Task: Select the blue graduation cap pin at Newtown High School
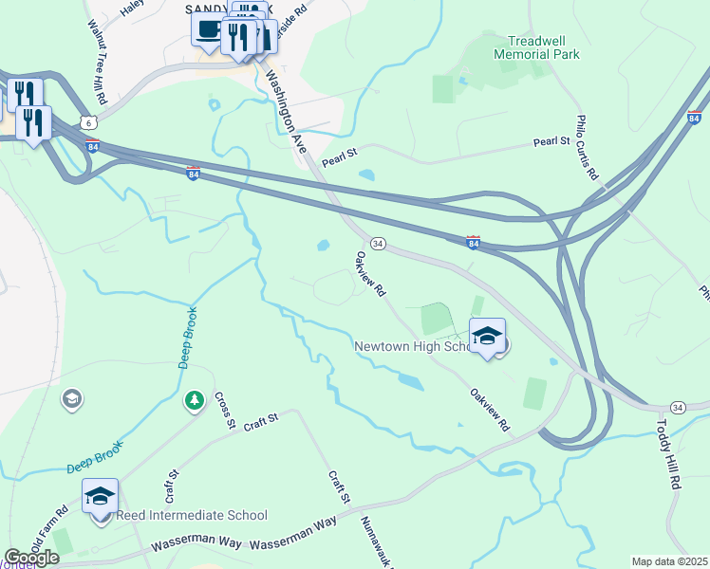487,336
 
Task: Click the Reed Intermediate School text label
192,516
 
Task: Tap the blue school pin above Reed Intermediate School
101,495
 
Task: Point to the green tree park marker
195,401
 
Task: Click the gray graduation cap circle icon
71,399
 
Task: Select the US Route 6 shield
88,122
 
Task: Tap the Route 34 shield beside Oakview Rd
377,244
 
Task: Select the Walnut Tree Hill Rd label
98,62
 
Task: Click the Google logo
31,558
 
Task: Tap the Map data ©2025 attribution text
669,561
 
